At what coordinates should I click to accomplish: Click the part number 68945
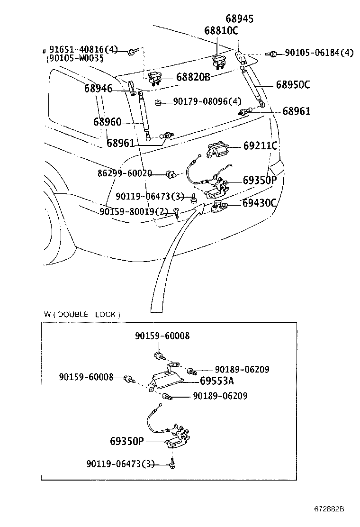click(x=239, y=19)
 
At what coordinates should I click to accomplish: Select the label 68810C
click(x=221, y=31)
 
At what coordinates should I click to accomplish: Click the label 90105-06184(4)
click(x=319, y=53)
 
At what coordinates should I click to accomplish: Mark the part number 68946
click(x=98, y=88)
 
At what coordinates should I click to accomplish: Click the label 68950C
click(x=293, y=85)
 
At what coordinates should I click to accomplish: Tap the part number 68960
click(x=107, y=122)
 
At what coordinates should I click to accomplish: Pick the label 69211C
click(x=260, y=146)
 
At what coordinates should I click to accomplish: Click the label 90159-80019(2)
click(x=134, y=211)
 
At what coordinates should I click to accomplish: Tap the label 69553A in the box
click(x=217, y=381)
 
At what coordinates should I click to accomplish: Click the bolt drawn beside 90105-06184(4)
click(x=272, y=54)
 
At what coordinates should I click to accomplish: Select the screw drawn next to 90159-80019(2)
click(x=177, y=214)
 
